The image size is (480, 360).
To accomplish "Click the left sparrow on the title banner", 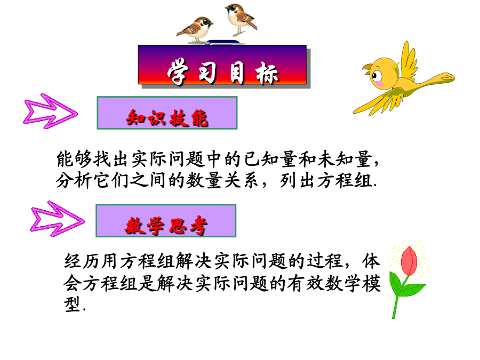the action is pyautogui.click(x=195, y=29).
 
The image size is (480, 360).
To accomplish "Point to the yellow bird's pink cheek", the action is pyautogui.click(x=379, y=83).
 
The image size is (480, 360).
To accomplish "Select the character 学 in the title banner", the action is pyautogui.click(x=178, y=73).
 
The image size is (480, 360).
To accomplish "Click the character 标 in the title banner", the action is pyautogui.click(x=267, y=73).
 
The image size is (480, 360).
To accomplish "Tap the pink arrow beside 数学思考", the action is pyautogui.click(x=57, y=219).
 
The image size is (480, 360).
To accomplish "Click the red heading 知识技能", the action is pyautogui.click(x=167, y=118).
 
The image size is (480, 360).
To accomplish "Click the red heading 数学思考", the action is pyautogui.click(x=166, y=226).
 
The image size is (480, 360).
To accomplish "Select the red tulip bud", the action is pyautogui.click(x=409, y=261).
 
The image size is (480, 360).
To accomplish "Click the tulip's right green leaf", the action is pyautogui.click(x=413, y=290).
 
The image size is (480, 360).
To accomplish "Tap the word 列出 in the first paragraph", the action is pyautogui.click(x=298, y=181).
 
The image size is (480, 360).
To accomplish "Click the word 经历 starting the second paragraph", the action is pyautogui.click(x=82, y=261).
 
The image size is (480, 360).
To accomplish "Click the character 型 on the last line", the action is pyautogui.click(x=72, y=304).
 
